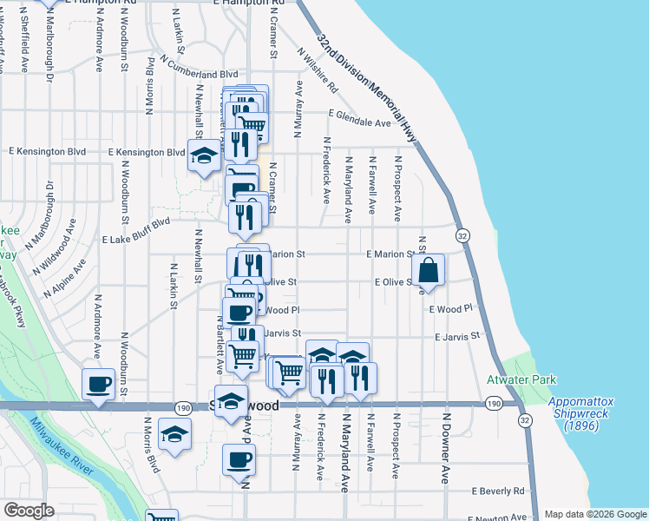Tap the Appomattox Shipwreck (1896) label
point(581,413)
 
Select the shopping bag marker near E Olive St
point(429,271)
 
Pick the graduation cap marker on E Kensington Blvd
point(204,156)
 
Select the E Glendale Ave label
point(359,123)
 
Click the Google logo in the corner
point(29,511)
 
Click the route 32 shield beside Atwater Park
point(524,419)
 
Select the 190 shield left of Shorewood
point(183,406)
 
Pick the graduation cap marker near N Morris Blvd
point(174,433)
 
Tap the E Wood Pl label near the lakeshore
point(449,308)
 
